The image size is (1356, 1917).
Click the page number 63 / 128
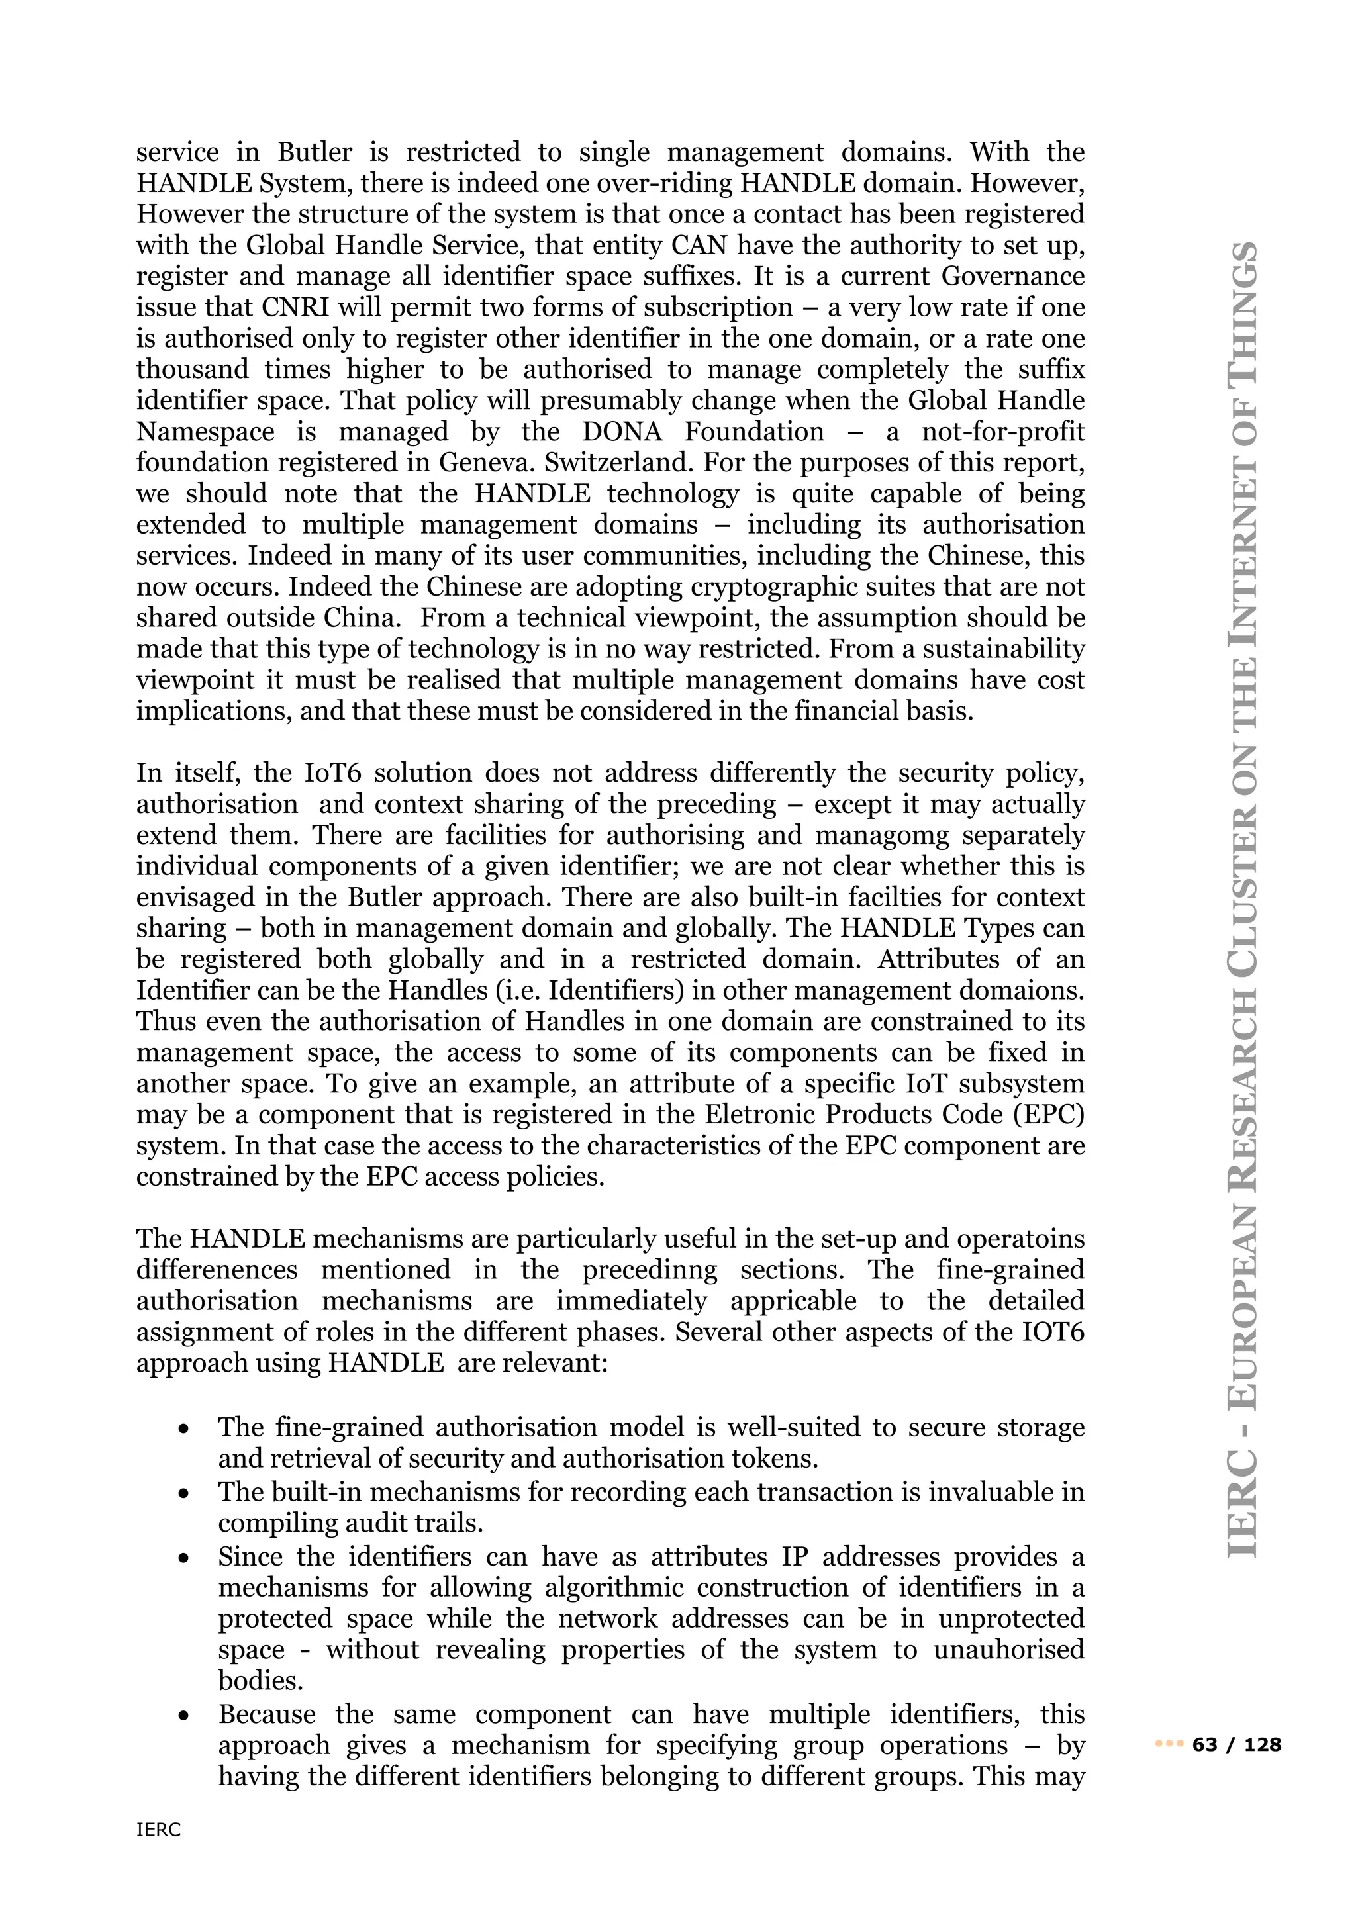coord(1237,1744)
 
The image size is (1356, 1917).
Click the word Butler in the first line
coord(315,152)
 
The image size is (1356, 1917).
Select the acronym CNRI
coord(295,307)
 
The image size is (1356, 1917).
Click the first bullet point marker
coord(183,1428)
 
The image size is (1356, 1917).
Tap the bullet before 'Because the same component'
coord(183,1716)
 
